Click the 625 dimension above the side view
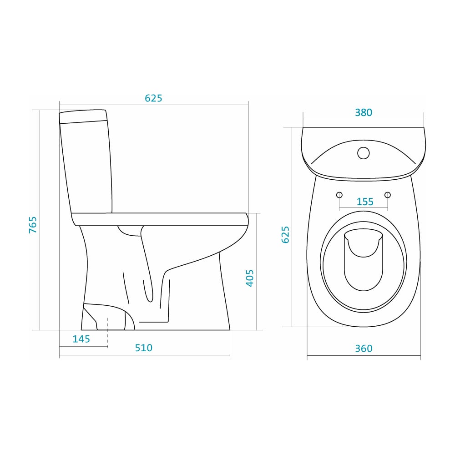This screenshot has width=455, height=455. click(153, 98)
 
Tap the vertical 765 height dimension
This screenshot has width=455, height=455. click(33, 225)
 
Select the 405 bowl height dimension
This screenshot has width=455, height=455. click(250, 278)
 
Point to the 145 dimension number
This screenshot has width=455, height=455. click(81, 339)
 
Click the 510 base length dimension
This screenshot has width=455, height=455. click(144, 348)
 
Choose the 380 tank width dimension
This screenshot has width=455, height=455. click(363, 112)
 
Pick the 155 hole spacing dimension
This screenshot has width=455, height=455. click(365, 202)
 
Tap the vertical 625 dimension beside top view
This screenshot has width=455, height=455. click(286, 234)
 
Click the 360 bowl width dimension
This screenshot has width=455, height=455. click(364, 349)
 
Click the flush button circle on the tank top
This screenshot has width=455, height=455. click(363, 153)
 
